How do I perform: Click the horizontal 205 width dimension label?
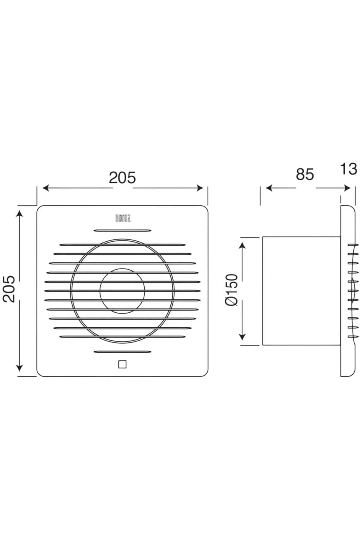point(122,178)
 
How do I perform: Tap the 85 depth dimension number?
point(305,174)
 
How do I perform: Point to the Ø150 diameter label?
point(231,290)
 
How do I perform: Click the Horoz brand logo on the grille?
point(123,218)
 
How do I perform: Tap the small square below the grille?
point(122,364)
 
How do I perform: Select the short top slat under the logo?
point(122,230)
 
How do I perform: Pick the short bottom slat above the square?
point(122,352)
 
